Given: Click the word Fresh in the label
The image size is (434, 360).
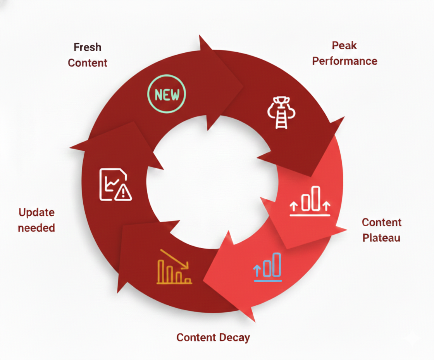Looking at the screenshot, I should click(x=88, y=47).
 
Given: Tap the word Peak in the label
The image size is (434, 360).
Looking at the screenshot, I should click(x=344, y=45).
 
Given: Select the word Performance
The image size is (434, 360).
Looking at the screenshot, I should click(x=344, y=61).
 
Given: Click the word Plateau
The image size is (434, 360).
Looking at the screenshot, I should click(x=381, y=237).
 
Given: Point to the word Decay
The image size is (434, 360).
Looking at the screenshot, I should click(x=234, y=337).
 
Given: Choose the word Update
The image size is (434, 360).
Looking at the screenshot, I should click(x=37, y=212).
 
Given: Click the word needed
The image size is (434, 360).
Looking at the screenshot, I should click(x=37, y=227).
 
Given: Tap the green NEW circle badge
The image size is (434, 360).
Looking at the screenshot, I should click(x=167, y=94).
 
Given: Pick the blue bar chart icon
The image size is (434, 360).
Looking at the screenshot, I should click(x=268, y=267).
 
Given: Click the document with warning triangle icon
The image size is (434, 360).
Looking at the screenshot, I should click(x=115, y=185).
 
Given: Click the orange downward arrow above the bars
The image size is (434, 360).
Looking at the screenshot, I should click(x=174, y=259).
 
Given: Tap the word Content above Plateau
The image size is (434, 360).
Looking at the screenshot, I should click(x=381, y=222).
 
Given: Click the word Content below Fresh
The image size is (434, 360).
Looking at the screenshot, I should click(x=88, y=62).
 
